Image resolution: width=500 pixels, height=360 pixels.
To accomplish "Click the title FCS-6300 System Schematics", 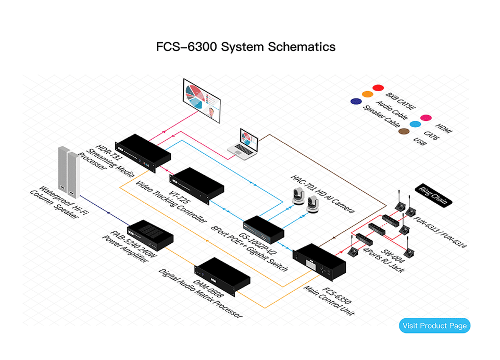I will click(245, 46).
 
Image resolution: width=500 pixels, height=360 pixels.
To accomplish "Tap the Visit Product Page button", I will click(435, 326).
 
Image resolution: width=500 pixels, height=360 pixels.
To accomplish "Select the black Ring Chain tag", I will click(432, 196).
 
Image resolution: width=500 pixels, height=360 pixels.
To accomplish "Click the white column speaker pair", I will click(69, 172).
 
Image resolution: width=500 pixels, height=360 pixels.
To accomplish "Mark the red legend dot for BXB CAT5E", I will click(378, 88).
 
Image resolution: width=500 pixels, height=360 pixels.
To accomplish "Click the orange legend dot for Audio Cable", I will click(367, 94).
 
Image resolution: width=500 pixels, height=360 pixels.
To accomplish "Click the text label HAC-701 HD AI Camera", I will click(322, 193).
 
